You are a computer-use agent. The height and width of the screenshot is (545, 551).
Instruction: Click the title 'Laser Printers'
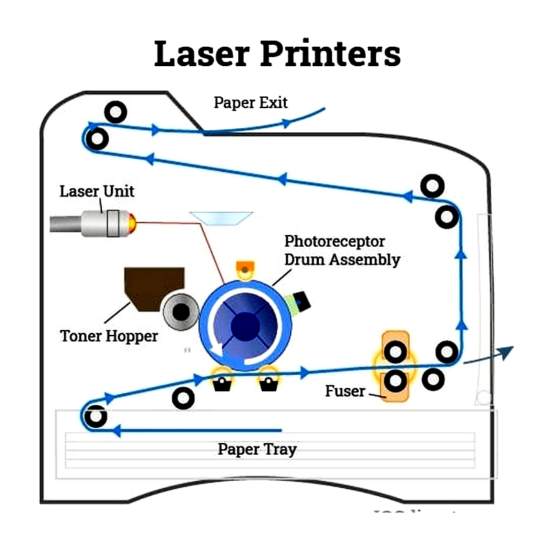point(277,54)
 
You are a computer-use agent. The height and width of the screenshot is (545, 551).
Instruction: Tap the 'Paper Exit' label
point(251,103)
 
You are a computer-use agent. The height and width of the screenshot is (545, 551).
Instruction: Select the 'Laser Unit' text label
point(96,191)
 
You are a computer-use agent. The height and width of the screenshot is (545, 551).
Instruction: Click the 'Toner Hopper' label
point(109,336)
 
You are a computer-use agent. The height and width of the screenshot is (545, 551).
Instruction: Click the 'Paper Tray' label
point(257,450)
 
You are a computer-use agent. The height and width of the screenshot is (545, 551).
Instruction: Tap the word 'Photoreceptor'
point(335,242)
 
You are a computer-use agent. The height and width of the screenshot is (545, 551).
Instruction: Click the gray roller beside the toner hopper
point(180,313)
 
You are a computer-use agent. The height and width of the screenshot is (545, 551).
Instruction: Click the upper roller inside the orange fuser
point(395,353)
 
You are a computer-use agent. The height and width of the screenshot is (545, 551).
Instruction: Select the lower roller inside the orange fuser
point(395,380)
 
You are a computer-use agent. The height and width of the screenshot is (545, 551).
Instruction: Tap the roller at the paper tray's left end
point(95,416)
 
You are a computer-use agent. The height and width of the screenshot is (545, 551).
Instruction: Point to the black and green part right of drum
point(300,300)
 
